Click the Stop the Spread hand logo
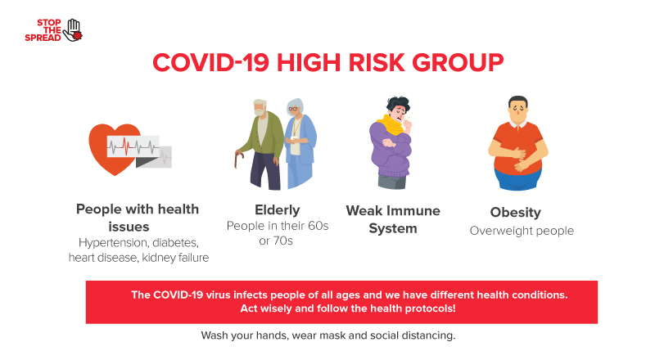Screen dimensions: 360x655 [x=74, y=29]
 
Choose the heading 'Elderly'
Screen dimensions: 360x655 [x=278, y=209]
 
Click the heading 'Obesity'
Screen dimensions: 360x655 [x=515, y=213]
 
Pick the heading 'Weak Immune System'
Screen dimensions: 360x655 [x=393, y=219]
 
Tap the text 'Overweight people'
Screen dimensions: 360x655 [x=522, y=231]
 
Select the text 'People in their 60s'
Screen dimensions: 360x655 [x=278, y=226]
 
